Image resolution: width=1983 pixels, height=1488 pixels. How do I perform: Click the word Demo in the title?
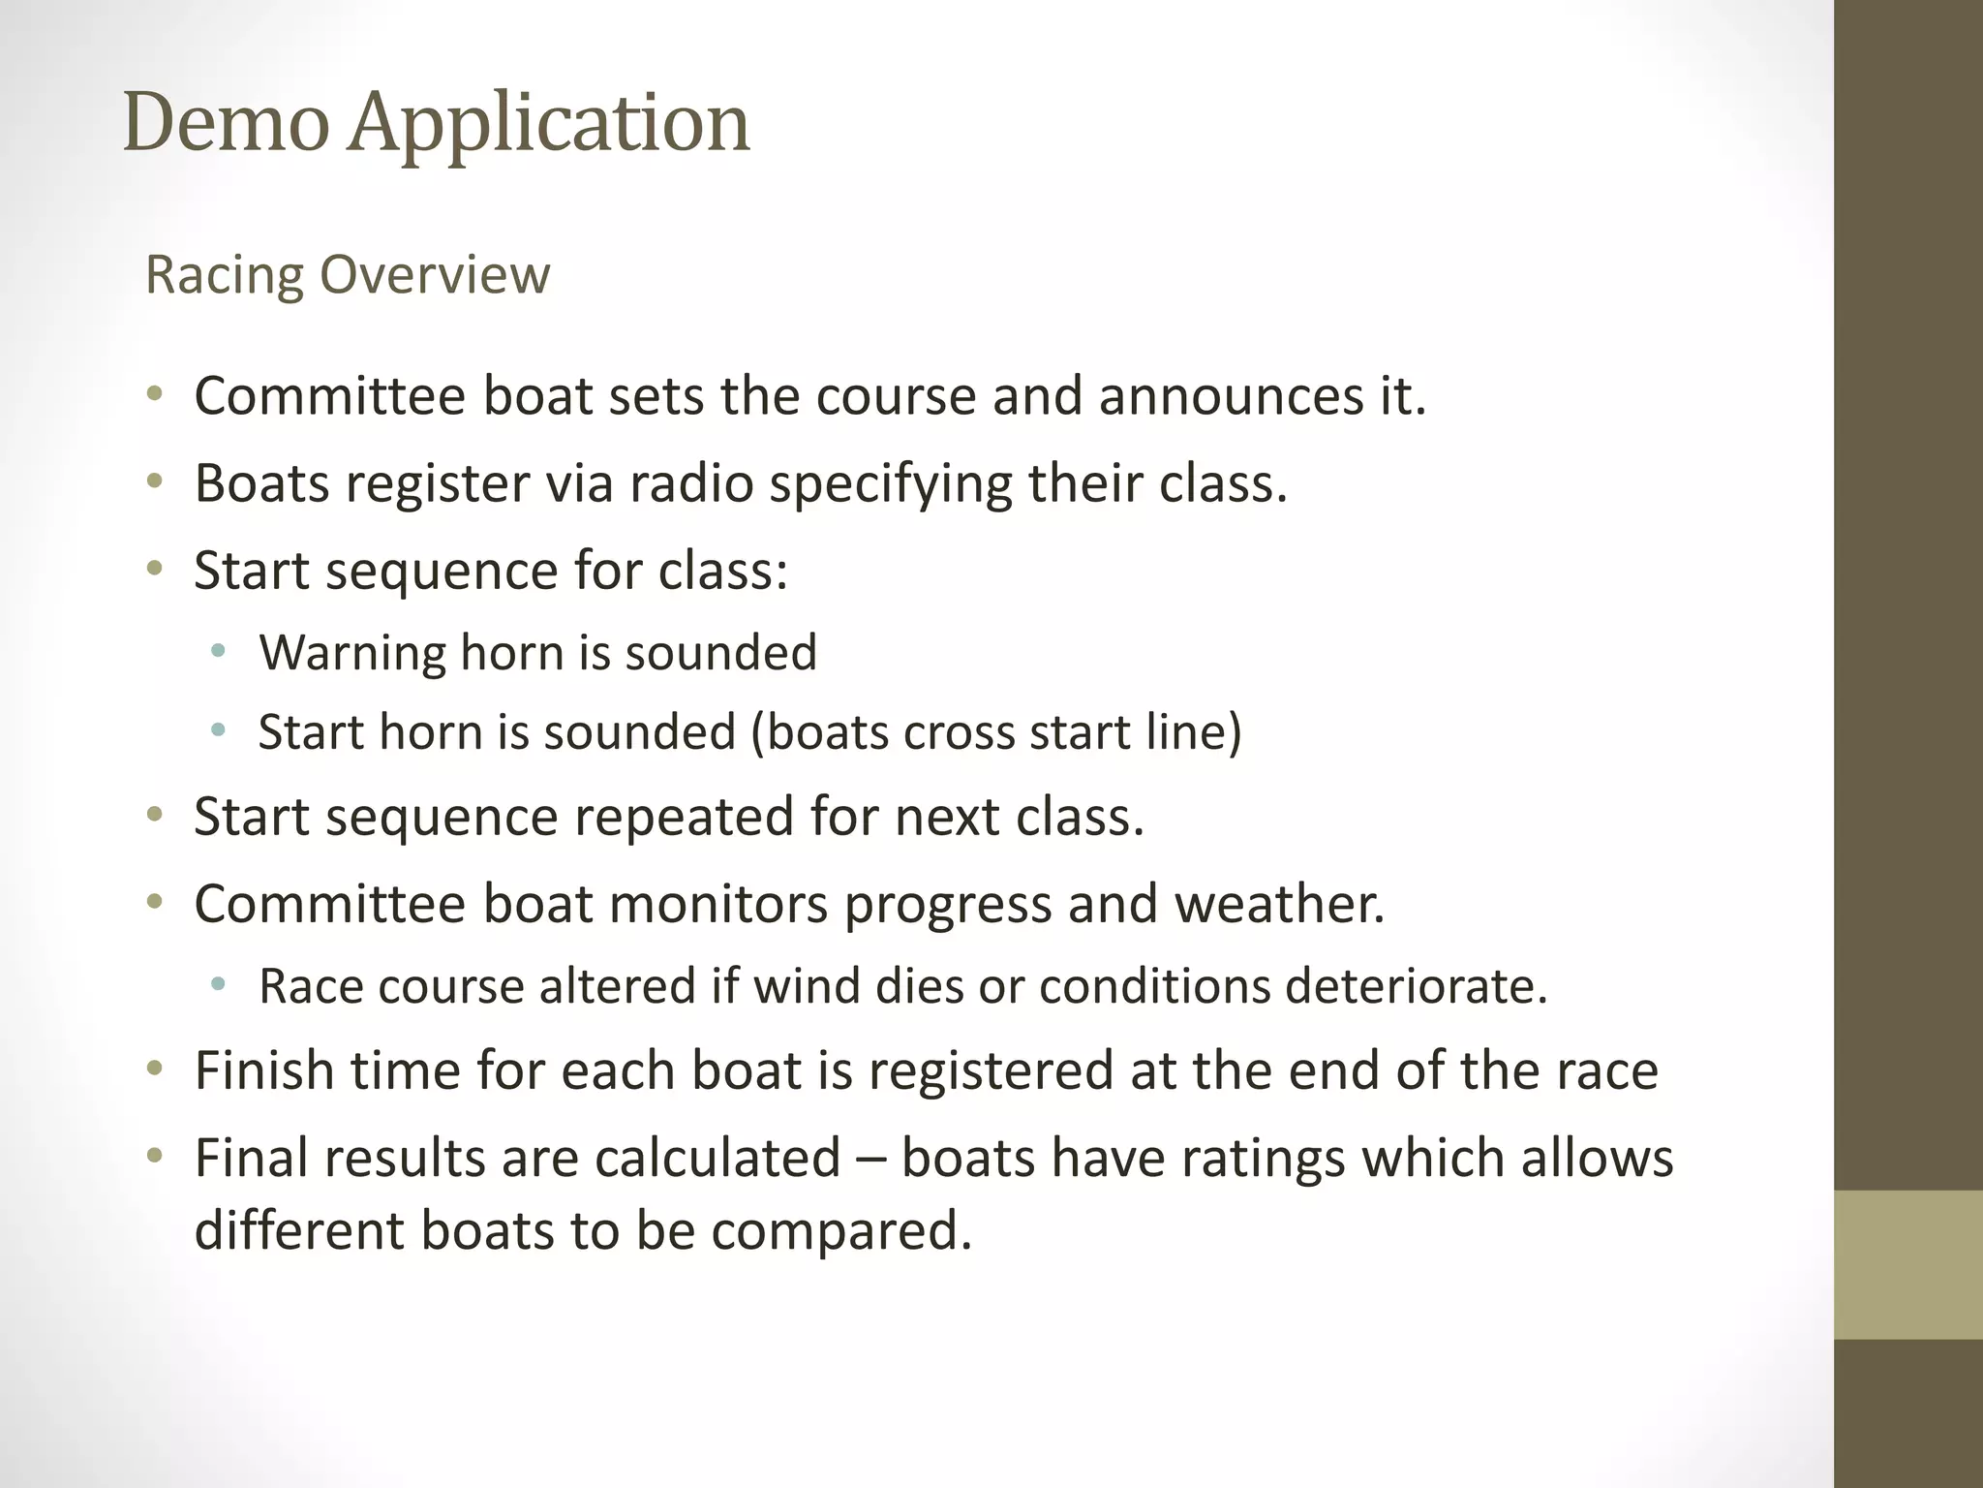pyautogui.click(x=227, y=123)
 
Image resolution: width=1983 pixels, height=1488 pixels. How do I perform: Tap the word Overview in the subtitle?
pyautogui.click(x=435, y=275)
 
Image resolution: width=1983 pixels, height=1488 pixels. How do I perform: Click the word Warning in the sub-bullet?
pyautogui.click(x=352, y=653)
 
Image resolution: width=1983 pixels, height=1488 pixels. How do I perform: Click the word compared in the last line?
pyautogui.click(x=840, y=1231)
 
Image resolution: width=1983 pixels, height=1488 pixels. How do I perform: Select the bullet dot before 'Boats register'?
pyautogui.click(x=154, y=481)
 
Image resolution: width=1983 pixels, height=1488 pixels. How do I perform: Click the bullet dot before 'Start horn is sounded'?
pyautogui.click(x=218, y=730)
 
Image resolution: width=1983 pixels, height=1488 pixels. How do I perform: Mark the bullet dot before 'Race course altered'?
pyautogui.click(x=218, y=985)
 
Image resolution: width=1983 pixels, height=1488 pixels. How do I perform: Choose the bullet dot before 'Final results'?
pyautogui.click(x=154, y=1156)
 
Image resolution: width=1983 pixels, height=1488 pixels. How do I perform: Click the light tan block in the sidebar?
pyautogui.click(x=1907, y=1264)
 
